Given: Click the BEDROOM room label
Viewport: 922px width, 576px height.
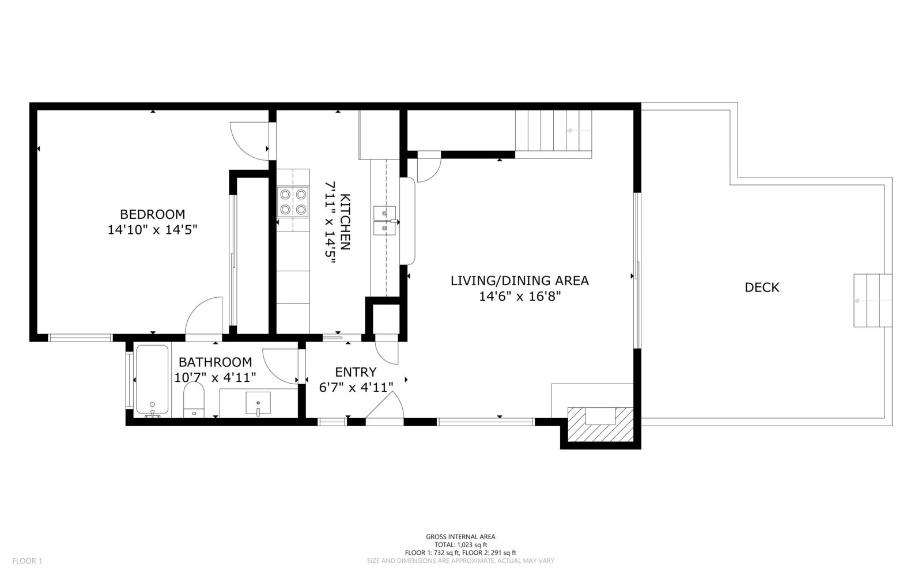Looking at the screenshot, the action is pyautogui.click(x=152, y=214).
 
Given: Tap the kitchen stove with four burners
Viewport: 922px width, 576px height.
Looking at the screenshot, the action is pyautogui.click(x=293, y=202).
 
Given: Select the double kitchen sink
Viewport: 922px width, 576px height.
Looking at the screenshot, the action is pyautogui.click(x=384, y=221).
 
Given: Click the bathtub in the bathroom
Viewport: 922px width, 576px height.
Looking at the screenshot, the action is pyautogui.click(x=152, y=380).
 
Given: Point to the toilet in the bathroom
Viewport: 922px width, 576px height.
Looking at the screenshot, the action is pyautogui.click(x=194, y=400).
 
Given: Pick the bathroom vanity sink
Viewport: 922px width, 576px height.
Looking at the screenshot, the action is pyautogui.click(x=258, y=403).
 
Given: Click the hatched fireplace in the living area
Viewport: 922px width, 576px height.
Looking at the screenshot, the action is pyautogui.click(x=600, y=424).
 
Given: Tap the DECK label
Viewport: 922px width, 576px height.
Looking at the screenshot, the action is pyautogui.click(x=762, y=287).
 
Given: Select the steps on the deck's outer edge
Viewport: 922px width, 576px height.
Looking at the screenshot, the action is pyautogui.click(x=872, y=301).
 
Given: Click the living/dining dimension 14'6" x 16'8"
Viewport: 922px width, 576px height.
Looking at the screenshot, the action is pyautogui.click(x=520, y=296).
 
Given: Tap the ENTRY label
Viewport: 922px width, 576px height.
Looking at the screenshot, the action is pyautogui.click(x=356, y=372).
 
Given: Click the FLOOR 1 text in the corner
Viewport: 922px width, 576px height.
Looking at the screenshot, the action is pyautogui.click(x=27, y=561).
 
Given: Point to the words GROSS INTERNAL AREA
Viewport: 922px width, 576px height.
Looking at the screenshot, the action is pyautogui.click(x=460, y=536).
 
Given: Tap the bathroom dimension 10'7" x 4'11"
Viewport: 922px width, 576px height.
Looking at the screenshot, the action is pyautogui.click(x=215, y=377).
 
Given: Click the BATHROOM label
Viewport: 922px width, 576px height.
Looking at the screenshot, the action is pyautogui.click(x=216, y=362).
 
